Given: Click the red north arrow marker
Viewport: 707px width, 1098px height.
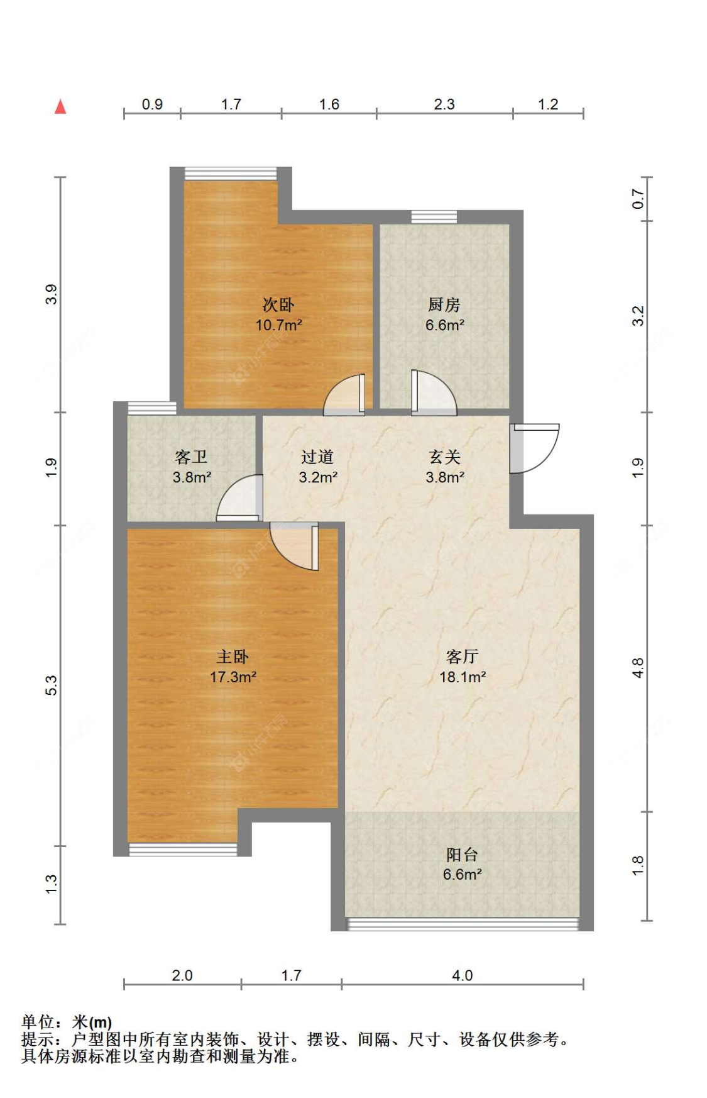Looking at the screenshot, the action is tap(60, 107).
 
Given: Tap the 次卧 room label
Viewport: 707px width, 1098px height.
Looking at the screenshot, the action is tap(278, 305).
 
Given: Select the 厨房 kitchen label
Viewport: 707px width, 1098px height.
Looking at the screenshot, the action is tap(444, 305).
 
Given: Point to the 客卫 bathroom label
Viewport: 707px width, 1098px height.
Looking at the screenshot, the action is tap(191, 457).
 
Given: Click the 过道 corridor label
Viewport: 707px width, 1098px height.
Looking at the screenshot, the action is tap(317, 457).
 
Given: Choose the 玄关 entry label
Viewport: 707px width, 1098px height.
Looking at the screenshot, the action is tap(445, 457).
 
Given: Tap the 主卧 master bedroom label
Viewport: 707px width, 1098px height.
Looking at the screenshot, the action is tap(233, 657).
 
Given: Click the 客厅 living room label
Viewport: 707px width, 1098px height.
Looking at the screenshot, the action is tap(462, 657).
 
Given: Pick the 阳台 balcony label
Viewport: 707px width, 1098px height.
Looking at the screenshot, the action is tap(462, 855).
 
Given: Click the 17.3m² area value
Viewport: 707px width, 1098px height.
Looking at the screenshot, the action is tap(233, 677).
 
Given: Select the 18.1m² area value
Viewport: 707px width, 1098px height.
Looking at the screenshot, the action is tap(463, 677).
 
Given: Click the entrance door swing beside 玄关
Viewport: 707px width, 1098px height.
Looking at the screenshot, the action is tap(534, 448).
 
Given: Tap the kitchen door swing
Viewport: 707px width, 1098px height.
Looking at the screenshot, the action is tap(434, 393).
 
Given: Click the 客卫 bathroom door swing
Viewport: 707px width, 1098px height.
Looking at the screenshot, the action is tap(239, 497).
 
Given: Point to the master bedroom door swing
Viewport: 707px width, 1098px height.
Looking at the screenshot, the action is tap(294, 546).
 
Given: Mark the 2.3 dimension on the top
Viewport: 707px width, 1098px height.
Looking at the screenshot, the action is tap(444, 104).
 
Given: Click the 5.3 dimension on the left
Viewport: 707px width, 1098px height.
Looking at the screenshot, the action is tap(51, 685).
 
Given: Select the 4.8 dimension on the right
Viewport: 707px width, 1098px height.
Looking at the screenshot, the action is tap(638, 668).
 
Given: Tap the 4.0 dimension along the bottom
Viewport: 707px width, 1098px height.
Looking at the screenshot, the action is tap(463, 975).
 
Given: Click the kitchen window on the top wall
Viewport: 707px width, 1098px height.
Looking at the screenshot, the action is tap(434, 217).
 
